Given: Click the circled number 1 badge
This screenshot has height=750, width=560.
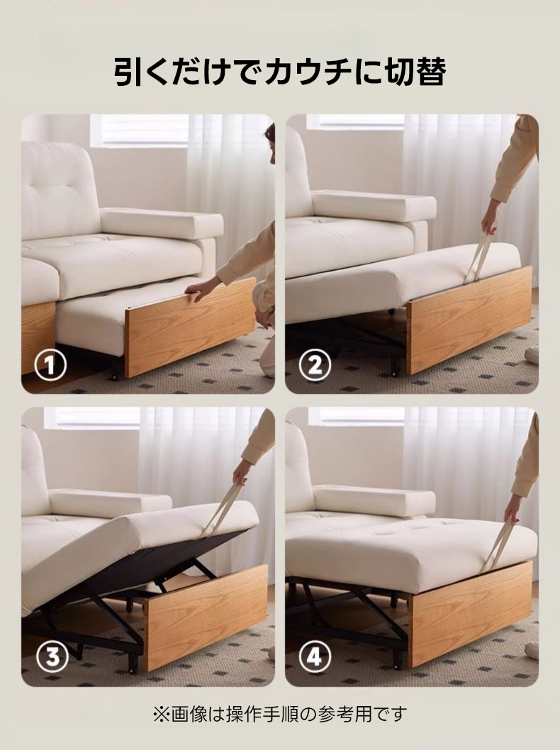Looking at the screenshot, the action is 50,366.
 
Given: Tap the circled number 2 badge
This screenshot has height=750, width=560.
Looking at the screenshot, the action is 314,366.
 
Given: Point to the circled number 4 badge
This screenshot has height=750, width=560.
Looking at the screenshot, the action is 314,657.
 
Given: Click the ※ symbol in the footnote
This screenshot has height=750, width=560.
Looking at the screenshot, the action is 161,715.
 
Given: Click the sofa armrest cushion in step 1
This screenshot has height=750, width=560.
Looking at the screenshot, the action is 162,223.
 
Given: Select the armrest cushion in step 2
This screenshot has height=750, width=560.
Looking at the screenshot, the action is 374,206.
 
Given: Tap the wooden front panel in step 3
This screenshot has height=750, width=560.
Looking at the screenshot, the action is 206,616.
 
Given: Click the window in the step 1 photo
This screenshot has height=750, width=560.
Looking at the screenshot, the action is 139,130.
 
